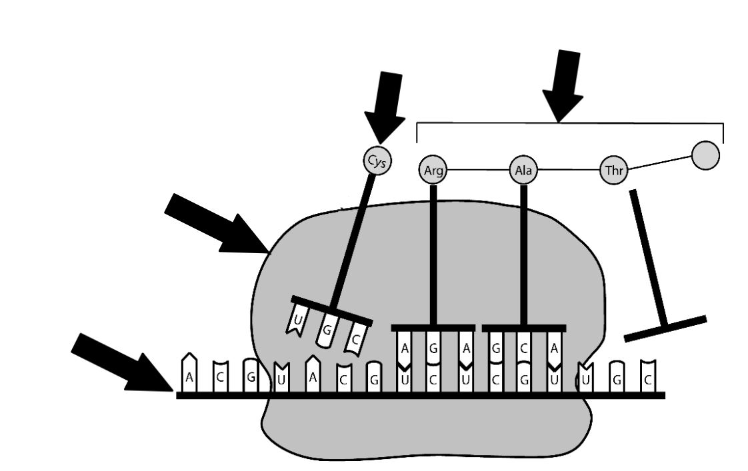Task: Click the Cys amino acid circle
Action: (377, 161)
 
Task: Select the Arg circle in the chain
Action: (433, 170)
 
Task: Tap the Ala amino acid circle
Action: (523, 170)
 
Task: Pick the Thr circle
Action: (614, 170)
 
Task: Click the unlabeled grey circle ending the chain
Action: (705, 155)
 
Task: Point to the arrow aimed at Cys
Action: (385, 107)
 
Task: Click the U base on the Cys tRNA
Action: (297, 319)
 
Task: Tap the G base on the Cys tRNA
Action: (327, 329)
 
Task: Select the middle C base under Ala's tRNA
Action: (524, 348)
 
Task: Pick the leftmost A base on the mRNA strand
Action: (189, 372)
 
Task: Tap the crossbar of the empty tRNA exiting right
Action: (665, 328)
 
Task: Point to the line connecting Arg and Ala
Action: (479, 170)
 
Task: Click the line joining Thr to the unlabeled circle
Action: (660, 163)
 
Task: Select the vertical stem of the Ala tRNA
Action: (524, 254)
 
